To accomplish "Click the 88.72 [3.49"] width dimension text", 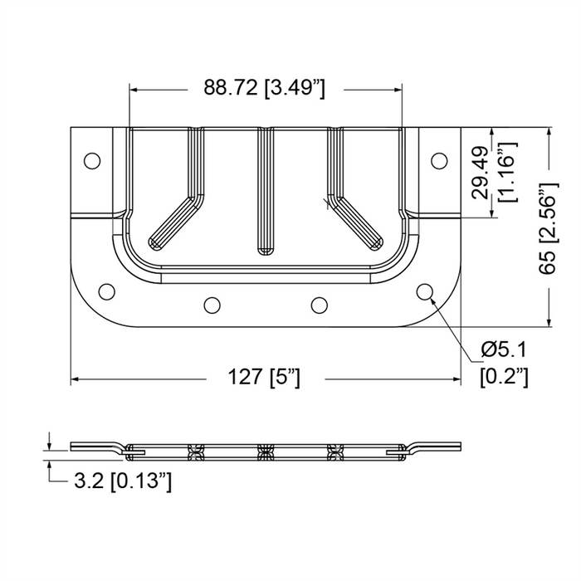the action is pyautogui.click(x=265, y=89).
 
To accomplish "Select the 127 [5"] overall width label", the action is pyautogui.click(x=264, y=378).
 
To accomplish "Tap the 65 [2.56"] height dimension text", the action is pyautogui.click(x=548, y=228).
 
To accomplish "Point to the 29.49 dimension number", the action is pyautogui.click(x=481, y=173).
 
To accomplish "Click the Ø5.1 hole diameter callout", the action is pyautogui.click(x=504, y=349).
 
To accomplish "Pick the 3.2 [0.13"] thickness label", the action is pyautogui.click(x=123, y=481).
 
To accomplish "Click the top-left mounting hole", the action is pyautogui.click(x=92, y=161).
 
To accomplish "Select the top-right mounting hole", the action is pyautogui.click(x=439, y=161).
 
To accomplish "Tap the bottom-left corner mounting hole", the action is pyautogui.click(x=107, y=291).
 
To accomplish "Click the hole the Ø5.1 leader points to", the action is pyautogui.click(x=425, y=291).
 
